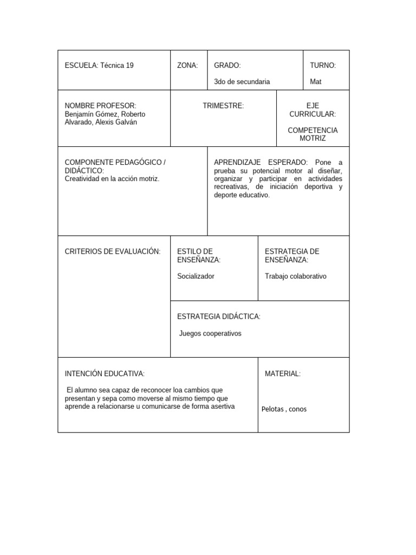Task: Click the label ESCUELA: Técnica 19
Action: pos(99,66)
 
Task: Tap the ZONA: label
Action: pos(187,66)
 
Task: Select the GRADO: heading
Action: pos(227,66)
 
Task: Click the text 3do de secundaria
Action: pos(242,82)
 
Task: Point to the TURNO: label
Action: pos(323,66)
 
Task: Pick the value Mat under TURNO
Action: pos(316,82)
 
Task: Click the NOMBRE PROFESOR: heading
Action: pos(101,106)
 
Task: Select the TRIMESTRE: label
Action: pos(223,106)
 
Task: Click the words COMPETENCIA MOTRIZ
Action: pos(313,134)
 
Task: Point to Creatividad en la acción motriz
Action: pos(112,179)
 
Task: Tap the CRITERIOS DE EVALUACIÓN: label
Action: pos(113,251)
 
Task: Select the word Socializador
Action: pos(196,276)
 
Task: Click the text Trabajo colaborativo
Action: pos(296,276)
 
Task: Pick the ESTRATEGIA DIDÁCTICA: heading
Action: pos(219,317)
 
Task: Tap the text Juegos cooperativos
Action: pos(210,333)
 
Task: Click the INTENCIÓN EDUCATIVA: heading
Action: pos(105,373)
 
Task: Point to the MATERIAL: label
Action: pos(283,373)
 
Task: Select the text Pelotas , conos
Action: pos(284,409)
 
